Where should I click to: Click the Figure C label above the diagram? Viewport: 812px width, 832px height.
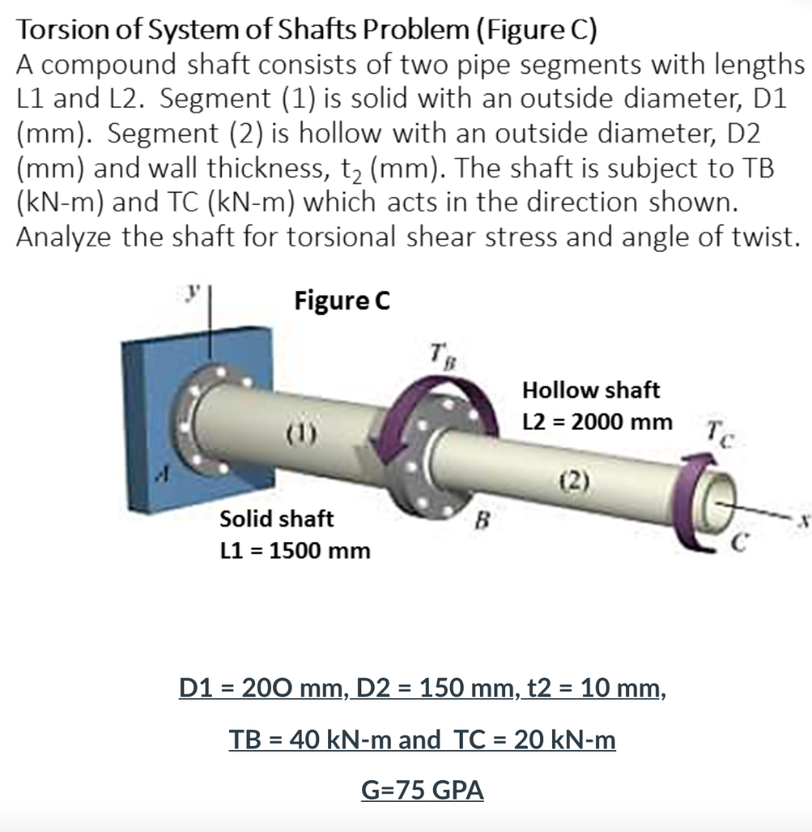[x=342, y=301]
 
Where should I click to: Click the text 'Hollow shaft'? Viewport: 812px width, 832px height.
[x=591, y=390]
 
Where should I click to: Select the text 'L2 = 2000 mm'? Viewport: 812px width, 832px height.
[x=598, y=422]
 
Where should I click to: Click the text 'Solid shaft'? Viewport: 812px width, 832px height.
[x=277, y=518]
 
